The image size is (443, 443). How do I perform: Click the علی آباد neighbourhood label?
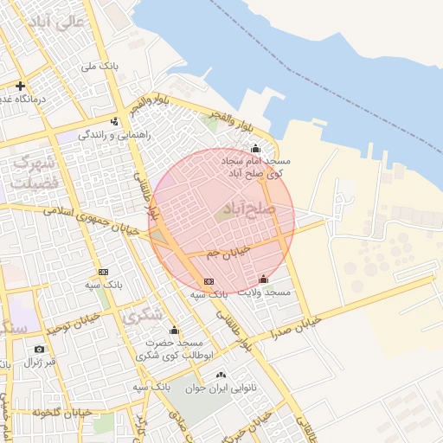tap(57, 22)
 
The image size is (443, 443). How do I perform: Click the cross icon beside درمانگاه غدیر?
tap(20, 86)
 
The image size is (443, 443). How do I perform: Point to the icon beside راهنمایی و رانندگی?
tap(115, 121)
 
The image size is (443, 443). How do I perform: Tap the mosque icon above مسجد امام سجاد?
tap(254, 147)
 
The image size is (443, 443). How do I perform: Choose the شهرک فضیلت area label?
tap(35, 172)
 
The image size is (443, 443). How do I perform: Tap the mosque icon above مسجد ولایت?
tap(263, 279)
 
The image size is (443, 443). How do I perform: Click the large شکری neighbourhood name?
tap(142, 317)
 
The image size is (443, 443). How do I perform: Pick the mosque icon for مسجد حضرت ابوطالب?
tap(174, 330)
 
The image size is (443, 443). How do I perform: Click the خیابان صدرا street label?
tap(293, 328)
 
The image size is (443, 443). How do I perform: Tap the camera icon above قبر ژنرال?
tap(39, 349)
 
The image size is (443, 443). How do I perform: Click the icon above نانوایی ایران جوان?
tap(221, 375)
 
